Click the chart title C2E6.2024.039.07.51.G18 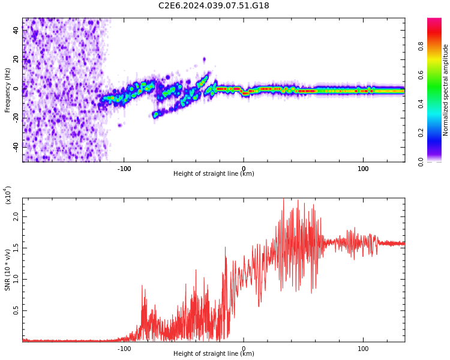point(214,6)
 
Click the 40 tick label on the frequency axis point(16,30)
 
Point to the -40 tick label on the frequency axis point(16,146)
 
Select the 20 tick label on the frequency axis point(16,59)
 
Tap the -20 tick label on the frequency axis point(16,118)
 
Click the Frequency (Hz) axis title point(8,90)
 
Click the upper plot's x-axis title point(214,174)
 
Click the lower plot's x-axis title point(214,354)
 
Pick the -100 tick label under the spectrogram point(124,169)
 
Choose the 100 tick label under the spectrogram point(363,169)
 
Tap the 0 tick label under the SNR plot point(244,349)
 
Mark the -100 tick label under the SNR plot point(124,349)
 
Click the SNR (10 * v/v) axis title point(8,270)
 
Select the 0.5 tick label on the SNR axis point(16,310)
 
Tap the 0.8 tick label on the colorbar point(437,46)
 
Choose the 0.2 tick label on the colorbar point(437,133)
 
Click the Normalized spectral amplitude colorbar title point(446,90)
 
